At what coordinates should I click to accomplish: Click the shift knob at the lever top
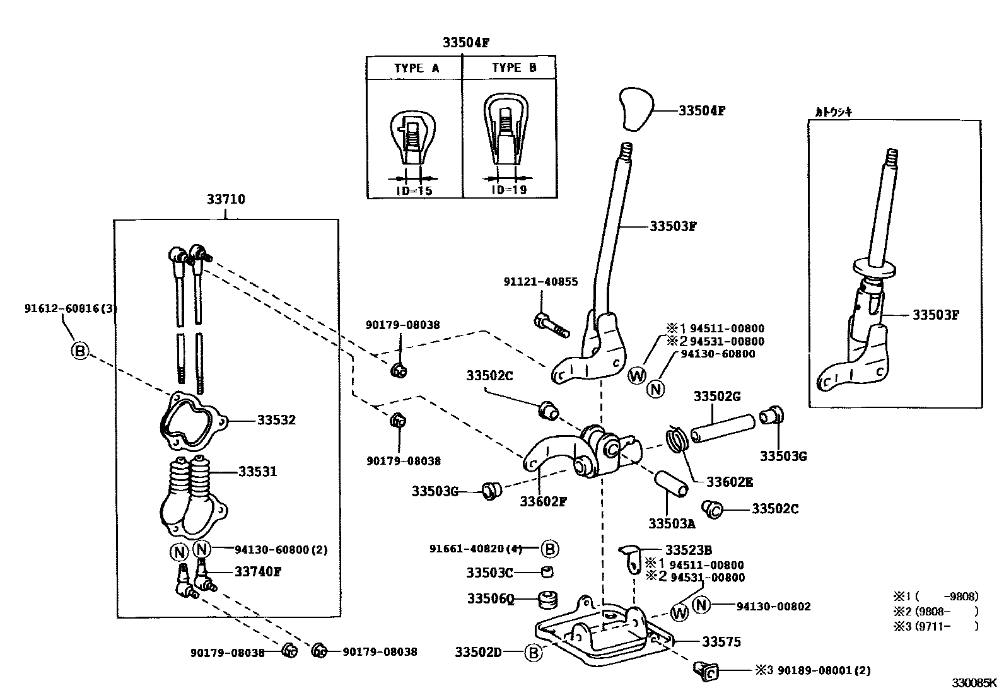[x=634, y=108]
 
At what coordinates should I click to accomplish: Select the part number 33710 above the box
[x=226, y=199]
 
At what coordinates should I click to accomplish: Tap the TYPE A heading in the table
[x=416, y=68]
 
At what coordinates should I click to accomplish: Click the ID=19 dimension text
[x=508, y=189]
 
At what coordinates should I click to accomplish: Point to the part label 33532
[x=276, y=420]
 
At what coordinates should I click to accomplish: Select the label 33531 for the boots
[x=257, y=471]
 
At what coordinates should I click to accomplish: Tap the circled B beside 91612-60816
[x=80, y=350]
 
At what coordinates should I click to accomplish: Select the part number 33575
[x=721, y=641]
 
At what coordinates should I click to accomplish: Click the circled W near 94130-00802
[x=679, y=612]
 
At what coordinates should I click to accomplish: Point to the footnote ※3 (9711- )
[x=935, y=626]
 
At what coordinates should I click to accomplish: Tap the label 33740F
[x=258, y=571]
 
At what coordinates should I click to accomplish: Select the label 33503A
[x=672, y=523]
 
